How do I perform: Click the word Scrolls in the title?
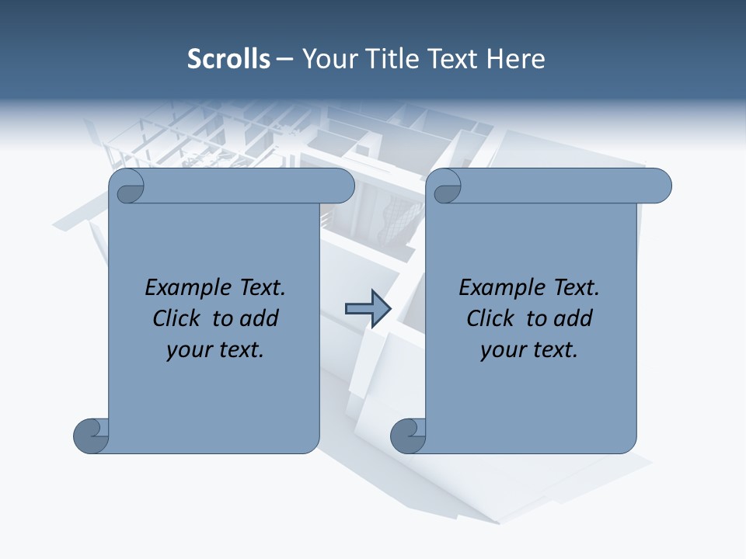228,58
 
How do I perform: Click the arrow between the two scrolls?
368,309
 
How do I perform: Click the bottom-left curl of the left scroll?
92,435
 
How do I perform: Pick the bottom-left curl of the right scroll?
408,435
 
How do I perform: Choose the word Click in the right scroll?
490,318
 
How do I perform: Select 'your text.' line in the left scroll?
215,350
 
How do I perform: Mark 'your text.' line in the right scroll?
529,350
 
